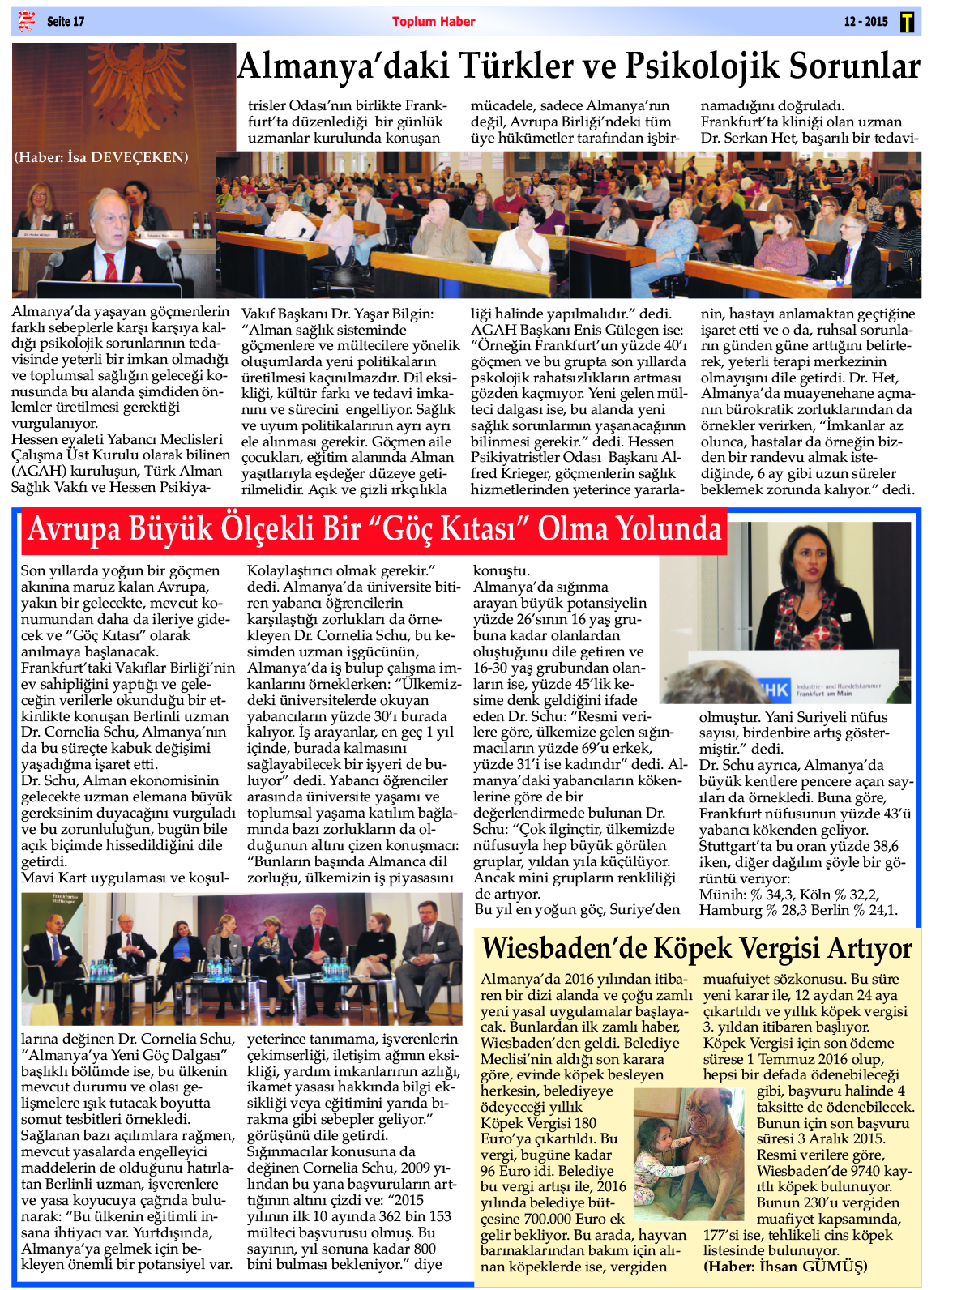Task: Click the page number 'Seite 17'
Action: tap(65, 22)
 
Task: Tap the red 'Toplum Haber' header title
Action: tap(434, 22)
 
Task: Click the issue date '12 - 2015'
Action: tap(865, 22)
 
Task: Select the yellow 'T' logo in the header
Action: tap(907, 23)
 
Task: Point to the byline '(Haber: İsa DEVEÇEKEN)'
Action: tap(101, 157)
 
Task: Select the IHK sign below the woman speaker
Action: tap(774, 690)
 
